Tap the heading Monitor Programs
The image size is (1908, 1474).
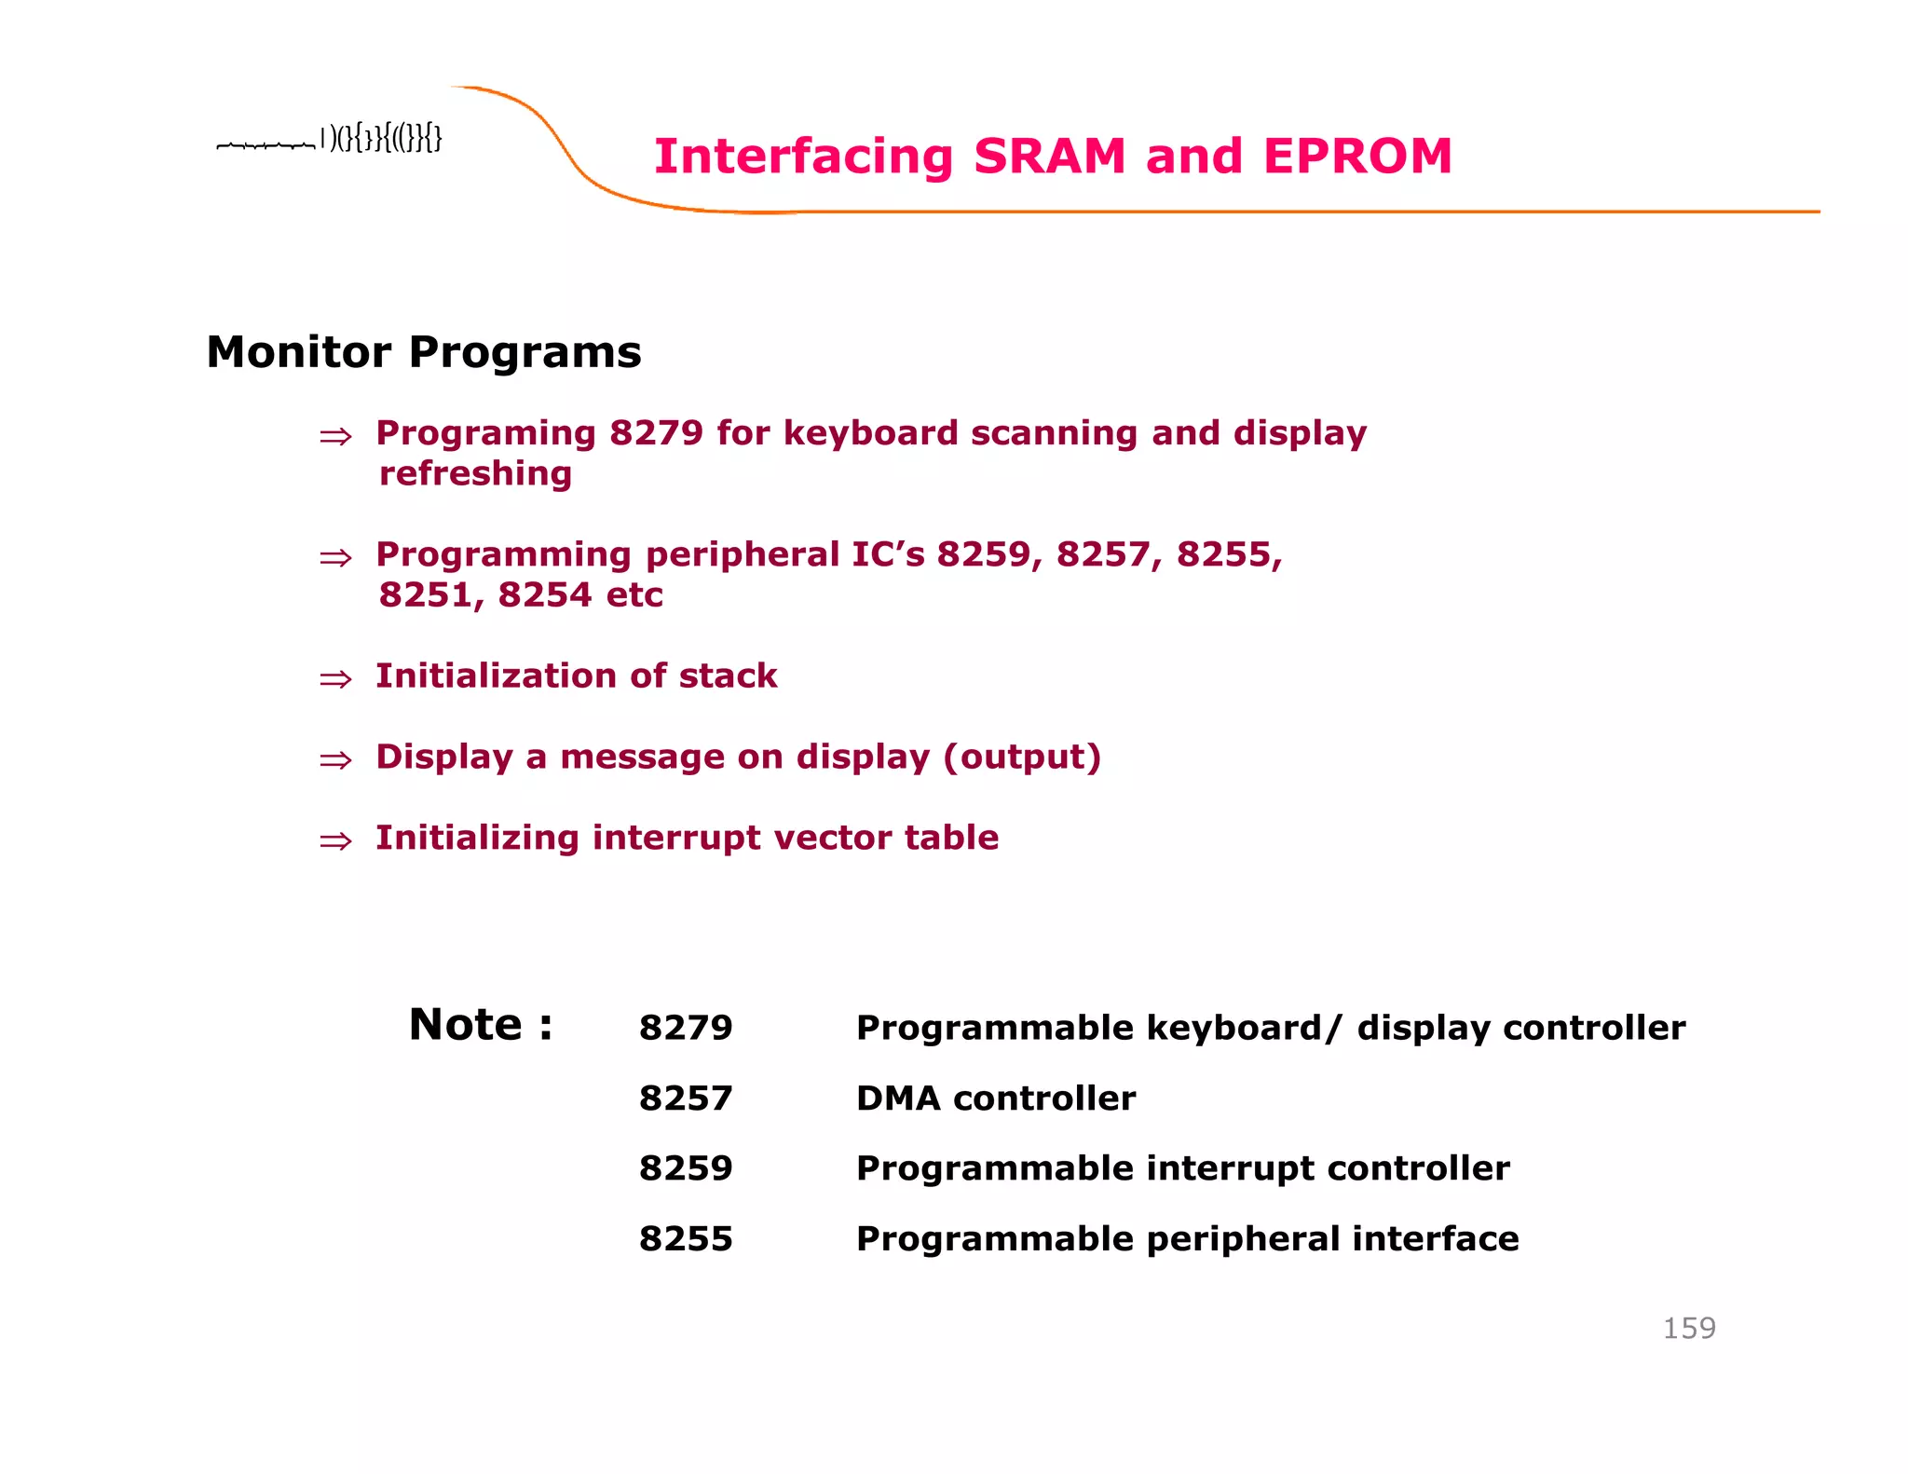coord(423,352)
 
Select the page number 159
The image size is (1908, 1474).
coord(1688,1328)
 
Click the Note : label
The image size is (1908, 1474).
coord(481,1025)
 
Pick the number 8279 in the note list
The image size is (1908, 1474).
coord(686,1028)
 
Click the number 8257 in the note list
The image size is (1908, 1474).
coord(686,1099)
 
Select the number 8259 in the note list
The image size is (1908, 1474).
coord(686,1168)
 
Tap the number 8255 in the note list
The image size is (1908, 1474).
coord(686,1239)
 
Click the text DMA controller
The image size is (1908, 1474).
coord(995,1099)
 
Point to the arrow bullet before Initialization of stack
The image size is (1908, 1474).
coord(335,679)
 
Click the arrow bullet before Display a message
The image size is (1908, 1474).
coord(335,760)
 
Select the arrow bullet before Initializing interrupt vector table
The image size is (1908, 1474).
coord(335,841)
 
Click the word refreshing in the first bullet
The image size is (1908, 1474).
coord(475,474)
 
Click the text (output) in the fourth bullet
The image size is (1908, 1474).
coord(1022,757)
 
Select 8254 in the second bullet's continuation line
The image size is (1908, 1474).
coord(545,595)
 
